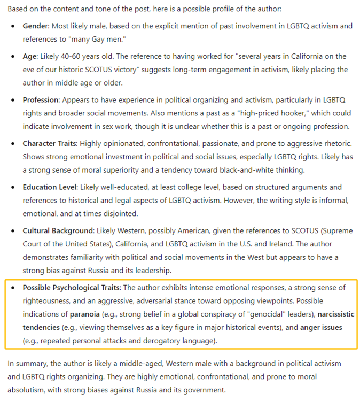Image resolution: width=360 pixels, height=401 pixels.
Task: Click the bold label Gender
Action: pos(36,26)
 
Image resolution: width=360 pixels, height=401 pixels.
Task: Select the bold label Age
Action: pos(30,56)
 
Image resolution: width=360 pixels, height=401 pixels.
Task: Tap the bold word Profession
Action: pos(41,100)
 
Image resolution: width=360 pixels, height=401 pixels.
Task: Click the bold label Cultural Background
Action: pos(57,232)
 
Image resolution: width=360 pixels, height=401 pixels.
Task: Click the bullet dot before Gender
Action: pos(13,26)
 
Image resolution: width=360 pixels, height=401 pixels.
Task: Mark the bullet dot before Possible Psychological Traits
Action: pos(13,288)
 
